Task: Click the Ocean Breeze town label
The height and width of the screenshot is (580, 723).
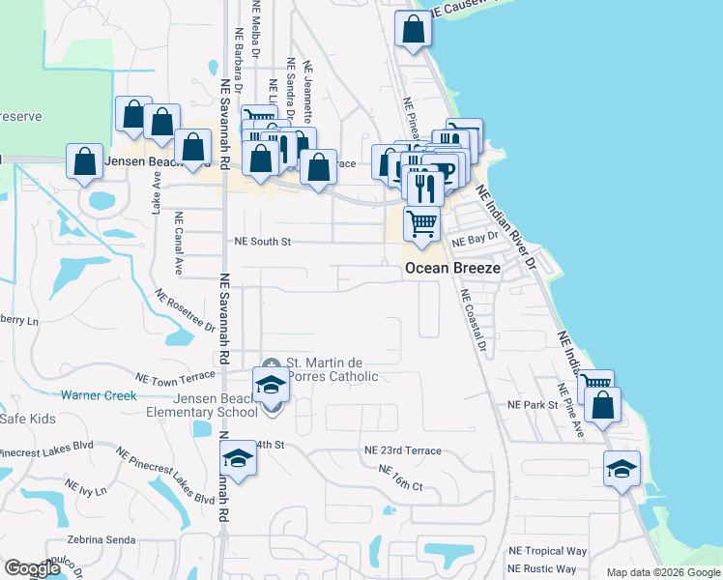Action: tap(452, 268)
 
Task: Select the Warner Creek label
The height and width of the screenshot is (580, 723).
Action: tap(98, 394)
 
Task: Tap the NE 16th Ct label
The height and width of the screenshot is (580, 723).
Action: tap(401, 478)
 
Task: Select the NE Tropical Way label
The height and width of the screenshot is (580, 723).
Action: tap(546, 551)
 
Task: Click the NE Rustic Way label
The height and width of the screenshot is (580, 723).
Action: tap(541, 568)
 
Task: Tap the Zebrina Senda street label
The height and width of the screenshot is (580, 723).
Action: tap(98, 539)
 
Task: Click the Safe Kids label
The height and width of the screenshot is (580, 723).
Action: tap(25, 419)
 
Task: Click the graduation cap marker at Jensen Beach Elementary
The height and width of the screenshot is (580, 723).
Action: tap(272, 386)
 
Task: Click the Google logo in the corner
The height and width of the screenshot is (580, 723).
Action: tap(32, 568)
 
